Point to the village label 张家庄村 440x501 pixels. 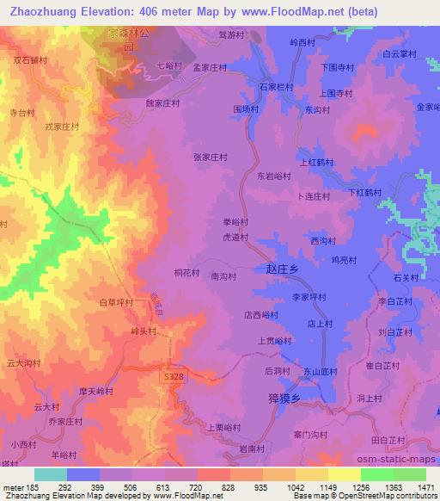click(210, 158)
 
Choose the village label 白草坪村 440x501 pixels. click(117, 302)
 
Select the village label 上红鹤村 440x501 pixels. click(315, 161)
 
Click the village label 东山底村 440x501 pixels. click(319, 371)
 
